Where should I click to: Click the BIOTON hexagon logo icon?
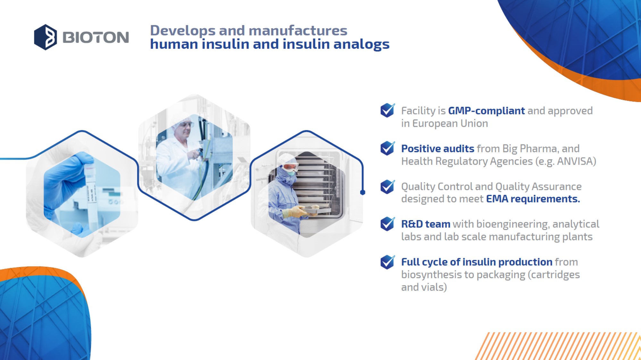[46, 37]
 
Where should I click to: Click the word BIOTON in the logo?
[96, 37]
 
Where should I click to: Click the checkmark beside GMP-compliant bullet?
[387, 110]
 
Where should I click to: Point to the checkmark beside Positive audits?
[387, 148]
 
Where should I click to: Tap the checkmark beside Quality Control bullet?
[387, 186]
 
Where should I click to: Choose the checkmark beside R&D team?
[387, 224]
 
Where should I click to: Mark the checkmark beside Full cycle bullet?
[387, 262]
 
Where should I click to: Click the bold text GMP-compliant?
[486, 111]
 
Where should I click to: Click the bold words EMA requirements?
[533, 199]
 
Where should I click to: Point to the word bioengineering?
[513, 224]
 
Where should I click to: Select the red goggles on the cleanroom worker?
[290, 167]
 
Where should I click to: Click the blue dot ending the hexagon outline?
[362, 192]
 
